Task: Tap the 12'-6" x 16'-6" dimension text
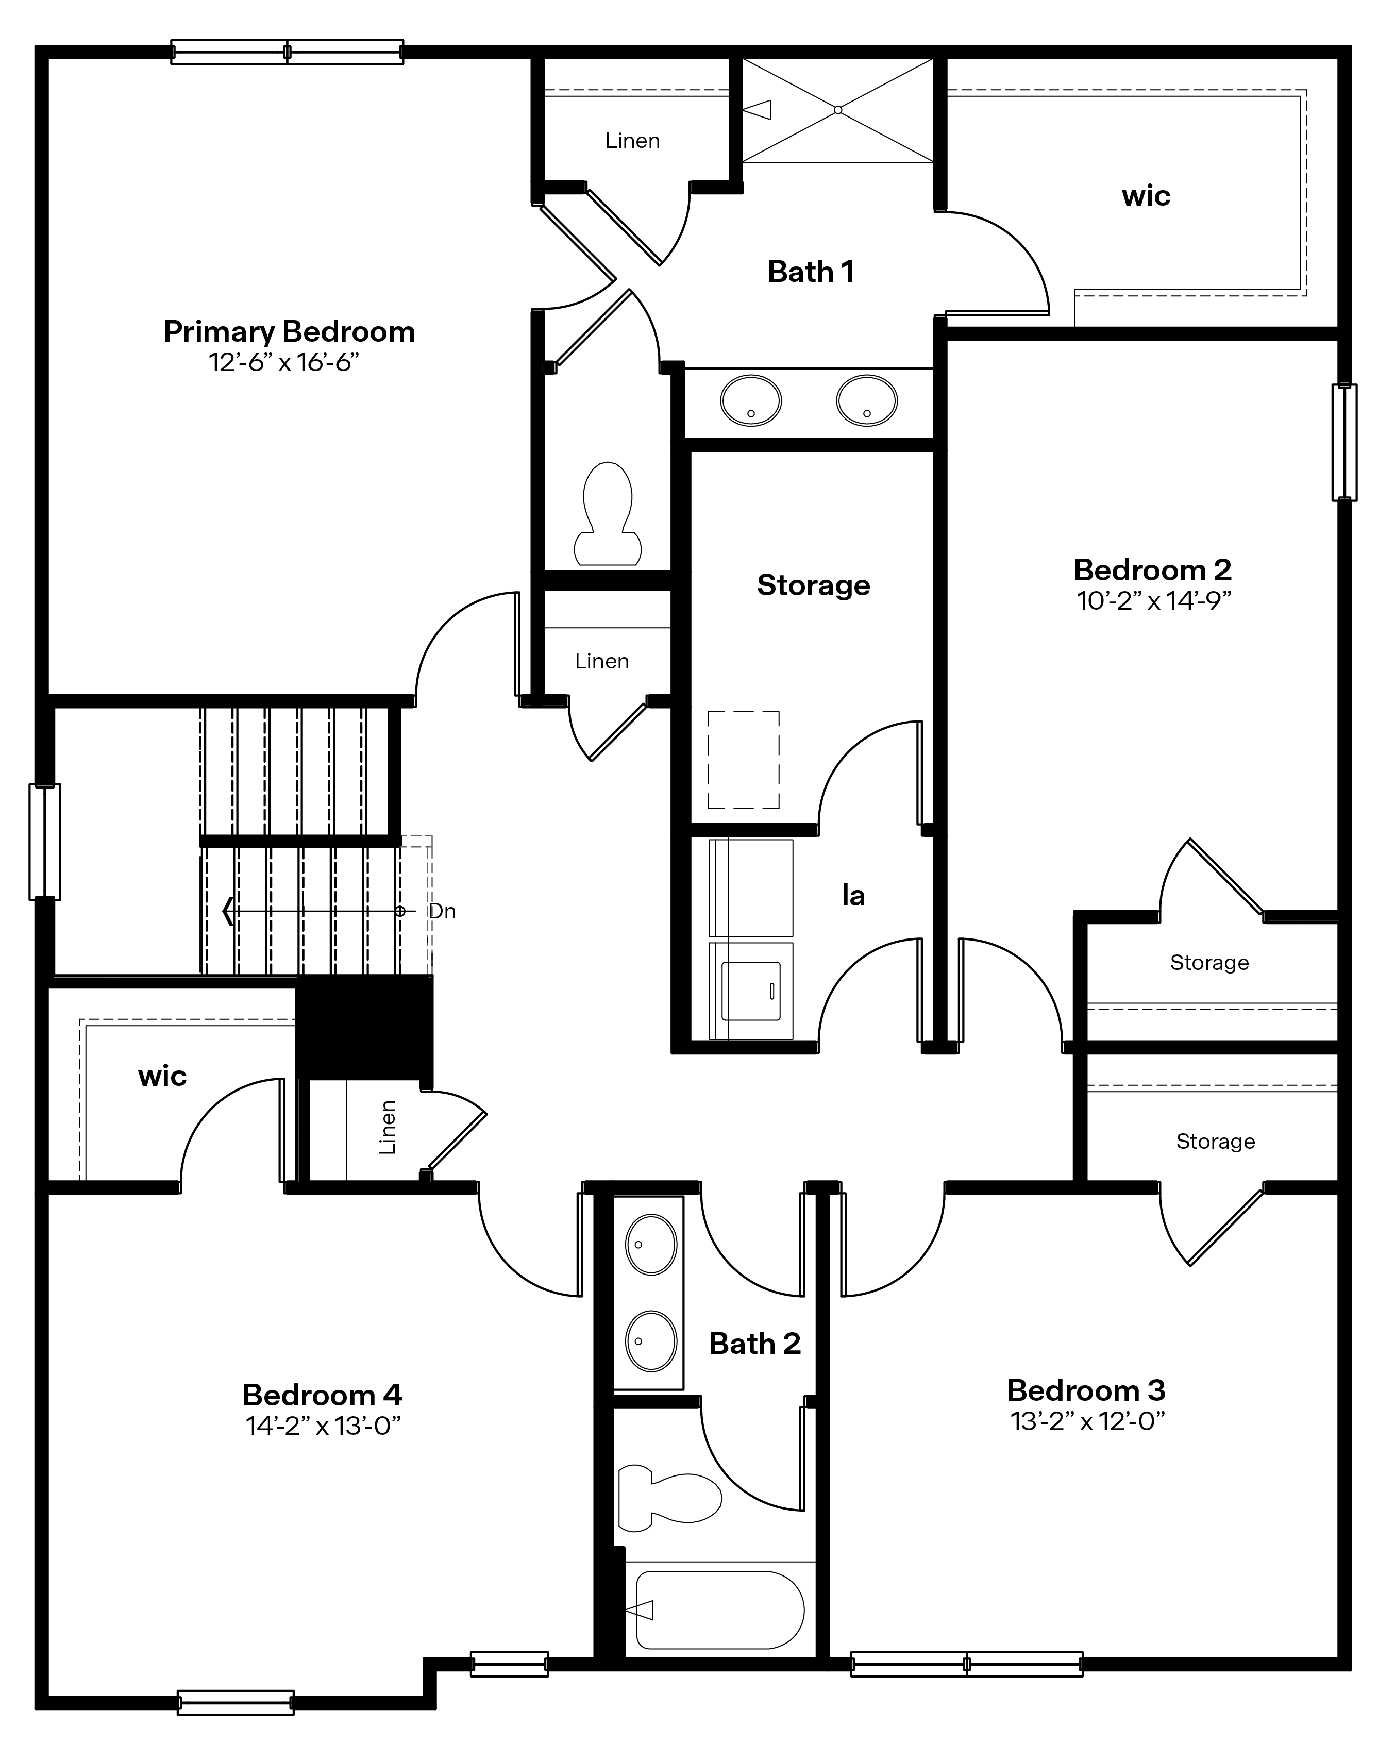click(283, 362)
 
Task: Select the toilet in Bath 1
click(608, 515)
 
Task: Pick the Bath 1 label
click(810, 272)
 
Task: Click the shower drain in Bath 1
click(838, 110)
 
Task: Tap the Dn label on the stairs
click(442, 912)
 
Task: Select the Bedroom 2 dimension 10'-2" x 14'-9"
click(1153, 601)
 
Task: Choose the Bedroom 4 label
click(322, 1395)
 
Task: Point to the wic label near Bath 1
click(1146, 196)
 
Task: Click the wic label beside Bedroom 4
click(162, 1076)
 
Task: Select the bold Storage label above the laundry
click(814, 585)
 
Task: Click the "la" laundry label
click(853, 896)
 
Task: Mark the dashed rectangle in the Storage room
click(743, 760)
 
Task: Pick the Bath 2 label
click(754, 1344)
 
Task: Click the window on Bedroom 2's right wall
click(1344, 443)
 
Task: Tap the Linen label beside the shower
click(632, 141)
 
